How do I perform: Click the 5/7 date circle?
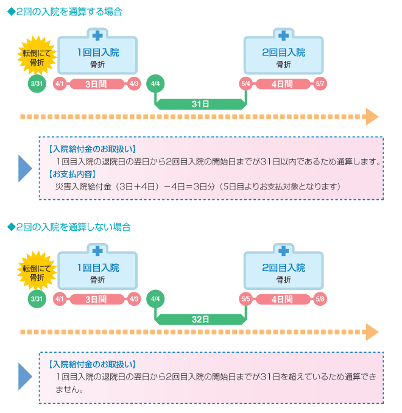[x=320, y=84]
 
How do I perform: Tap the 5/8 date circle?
[x=320, y=299]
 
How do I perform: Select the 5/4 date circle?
[x=246, y=84]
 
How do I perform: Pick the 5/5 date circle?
[x=246, y=299]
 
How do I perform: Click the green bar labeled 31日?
[x=200, y=104]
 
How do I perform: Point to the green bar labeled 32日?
[x=200, y=319]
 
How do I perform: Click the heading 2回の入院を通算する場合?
[x=65, y=12]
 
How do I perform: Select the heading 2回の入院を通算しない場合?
[x=69, y=227]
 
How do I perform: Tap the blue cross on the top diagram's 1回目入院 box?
[x=97, y=35]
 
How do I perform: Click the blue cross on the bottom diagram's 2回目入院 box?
[x=283, y=251]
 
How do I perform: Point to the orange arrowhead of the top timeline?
[x=372, y=117]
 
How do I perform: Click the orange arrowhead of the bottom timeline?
[x=372, y=332]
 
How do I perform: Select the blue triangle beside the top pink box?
[x=24, y=169]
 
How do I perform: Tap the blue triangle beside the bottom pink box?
[x=24, y=376]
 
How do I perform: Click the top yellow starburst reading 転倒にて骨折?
[x=37, y=56]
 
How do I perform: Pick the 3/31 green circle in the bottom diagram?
[x=37, y=299]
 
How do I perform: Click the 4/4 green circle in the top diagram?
[x=155, y=84]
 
